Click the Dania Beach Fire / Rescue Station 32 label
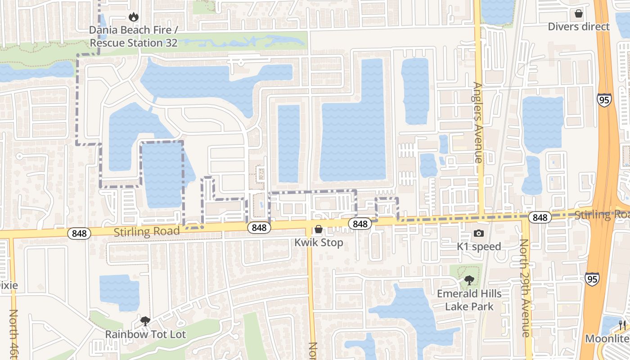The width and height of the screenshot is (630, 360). click(134, 36)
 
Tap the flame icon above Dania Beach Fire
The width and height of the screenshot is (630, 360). click(133, 17)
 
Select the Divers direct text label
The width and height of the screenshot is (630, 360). click(578, 27)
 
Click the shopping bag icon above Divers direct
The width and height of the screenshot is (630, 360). click(579, 13)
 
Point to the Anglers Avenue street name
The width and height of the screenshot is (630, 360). click(478, 122)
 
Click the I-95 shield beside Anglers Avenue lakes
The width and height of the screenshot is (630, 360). click(604, 99)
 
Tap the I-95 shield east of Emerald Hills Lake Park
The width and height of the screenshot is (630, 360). click(592, 279)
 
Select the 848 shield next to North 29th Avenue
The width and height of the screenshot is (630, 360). click(540, 218)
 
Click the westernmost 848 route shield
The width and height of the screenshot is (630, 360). click(79, 233)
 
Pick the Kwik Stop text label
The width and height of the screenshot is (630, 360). click(319, 243)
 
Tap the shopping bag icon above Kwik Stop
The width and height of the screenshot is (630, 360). click(319, 229)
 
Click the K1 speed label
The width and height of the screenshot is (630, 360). click(479, 246)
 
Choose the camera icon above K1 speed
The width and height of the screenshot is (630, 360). click(479, 233)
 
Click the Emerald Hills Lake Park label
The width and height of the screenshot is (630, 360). click(469, 300)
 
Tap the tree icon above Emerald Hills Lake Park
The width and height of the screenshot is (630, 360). click(469, 281)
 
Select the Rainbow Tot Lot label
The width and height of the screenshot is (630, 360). click(145, 334)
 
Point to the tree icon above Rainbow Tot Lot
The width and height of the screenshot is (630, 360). click(145, 321)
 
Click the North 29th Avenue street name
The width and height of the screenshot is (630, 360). click(525, 288)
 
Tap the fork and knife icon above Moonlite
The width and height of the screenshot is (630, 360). click(622, 325)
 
